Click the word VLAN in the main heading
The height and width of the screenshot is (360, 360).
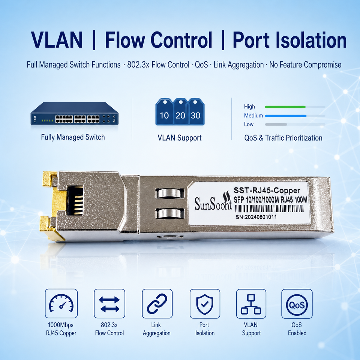click(x=57, y=40)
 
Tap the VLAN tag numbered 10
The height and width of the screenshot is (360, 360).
click(x=164, y=112)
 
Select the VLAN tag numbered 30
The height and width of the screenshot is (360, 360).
click(x=196, y=112)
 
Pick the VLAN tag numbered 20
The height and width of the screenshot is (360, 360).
click(x=181, y=112)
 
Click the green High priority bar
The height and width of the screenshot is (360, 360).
click(x=285, y=107)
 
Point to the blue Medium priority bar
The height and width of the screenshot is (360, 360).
click(x=286, y=116)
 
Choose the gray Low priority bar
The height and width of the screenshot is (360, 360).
click(x=276, y=124)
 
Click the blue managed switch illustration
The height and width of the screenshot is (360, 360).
click(x=74, y=113)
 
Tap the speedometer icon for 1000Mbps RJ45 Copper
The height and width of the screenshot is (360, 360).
click(x=61, y=303)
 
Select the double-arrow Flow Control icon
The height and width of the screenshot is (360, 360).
click(x=109, y=303)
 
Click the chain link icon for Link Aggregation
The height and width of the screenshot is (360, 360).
click(x=157, y=303)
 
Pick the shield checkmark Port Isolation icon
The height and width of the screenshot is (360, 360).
click(x=205, y=303)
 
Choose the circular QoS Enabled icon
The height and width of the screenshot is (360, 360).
click(x=297, y=303)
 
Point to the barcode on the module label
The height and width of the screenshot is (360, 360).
click(x=269, y=208)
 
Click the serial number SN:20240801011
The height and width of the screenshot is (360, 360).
click(x=256, y=217)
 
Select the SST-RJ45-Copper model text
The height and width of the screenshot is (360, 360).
click(x=267, y=190)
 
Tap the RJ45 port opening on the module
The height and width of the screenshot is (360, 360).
click(x=75, y=200)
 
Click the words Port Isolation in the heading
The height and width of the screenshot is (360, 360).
click(x=290, y=40)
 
